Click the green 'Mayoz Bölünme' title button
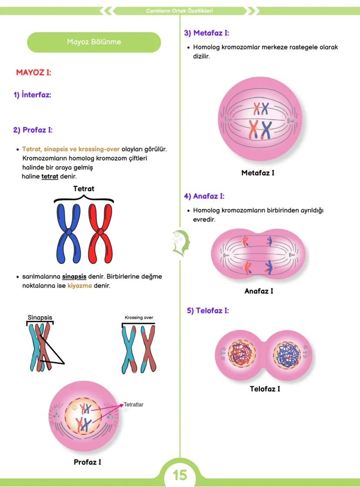tap(94, 42)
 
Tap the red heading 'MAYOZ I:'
tap(33, 72)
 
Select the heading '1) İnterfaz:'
tap(32, 95)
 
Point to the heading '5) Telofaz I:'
tap(208, 311)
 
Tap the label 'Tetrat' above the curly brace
tap(83, 189)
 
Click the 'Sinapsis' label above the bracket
tap(40, 317)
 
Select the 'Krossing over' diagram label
tap(139, 317)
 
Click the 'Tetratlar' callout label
tap(133, 404)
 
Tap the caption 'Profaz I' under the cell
tap(87, 462)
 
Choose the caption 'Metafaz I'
tap(258, 173)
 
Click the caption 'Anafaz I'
tap(259, 291)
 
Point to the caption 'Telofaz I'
tap(265, 389)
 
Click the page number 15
tap(180, 475)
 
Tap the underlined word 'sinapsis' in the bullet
tap(74, 276)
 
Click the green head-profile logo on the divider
tap(180, 242)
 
